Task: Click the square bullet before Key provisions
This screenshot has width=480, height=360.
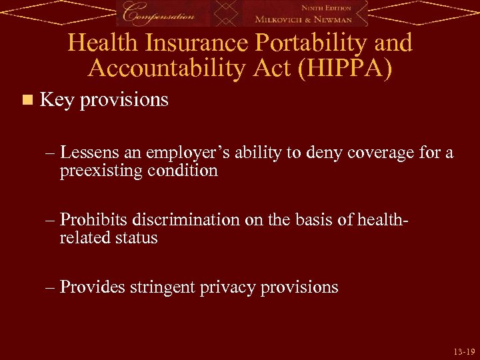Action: point(27,101)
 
